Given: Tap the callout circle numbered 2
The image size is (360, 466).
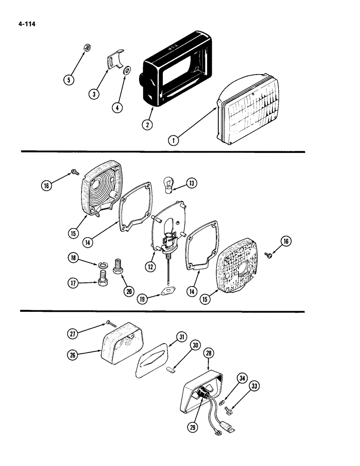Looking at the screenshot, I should [148, 125].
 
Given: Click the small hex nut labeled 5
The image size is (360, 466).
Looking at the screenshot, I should [86, 48].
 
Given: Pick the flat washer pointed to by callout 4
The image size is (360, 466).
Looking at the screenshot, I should [126, 72].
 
